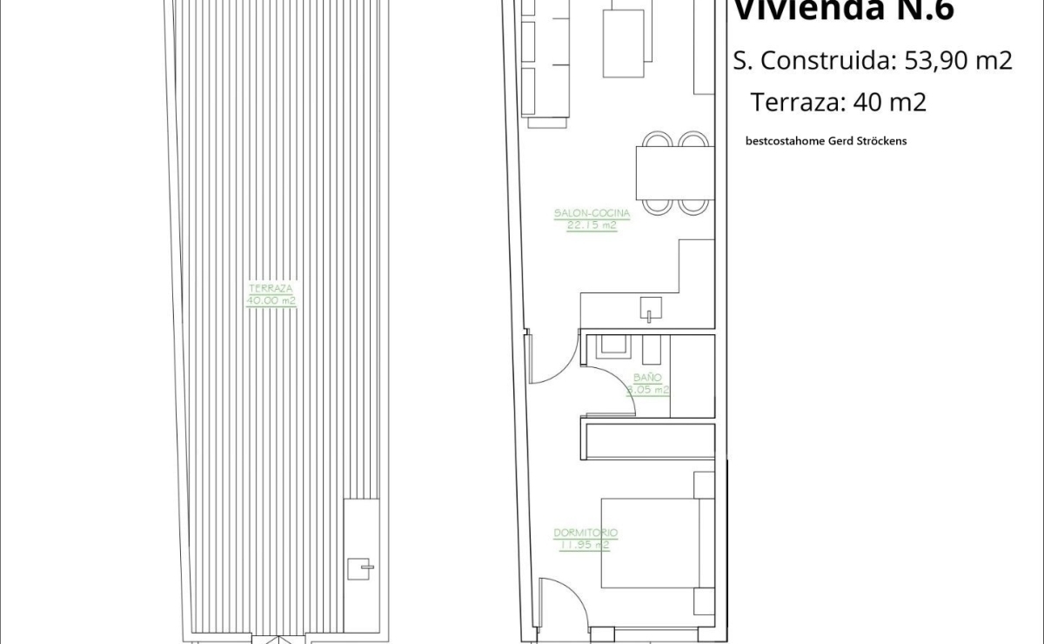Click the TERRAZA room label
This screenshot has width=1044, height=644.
[271, 288]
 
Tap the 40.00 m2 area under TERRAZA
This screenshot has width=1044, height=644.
[271, 301]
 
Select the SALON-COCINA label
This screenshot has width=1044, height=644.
[591, 212]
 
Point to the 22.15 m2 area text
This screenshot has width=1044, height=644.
[591, 224]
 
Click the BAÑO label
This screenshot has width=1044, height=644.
[647, 378]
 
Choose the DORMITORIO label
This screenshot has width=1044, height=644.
[585, 533]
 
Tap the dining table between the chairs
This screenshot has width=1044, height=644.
[674, 172]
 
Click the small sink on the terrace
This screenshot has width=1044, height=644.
[360, 567]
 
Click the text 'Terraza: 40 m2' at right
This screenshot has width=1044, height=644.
[838, 102]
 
